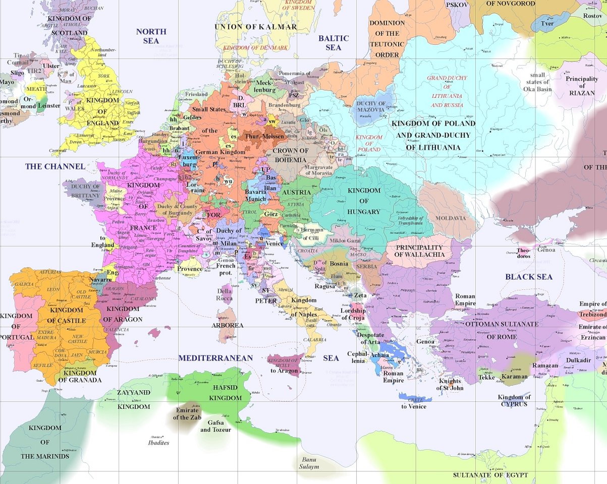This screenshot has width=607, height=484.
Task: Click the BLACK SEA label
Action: click(528, 277)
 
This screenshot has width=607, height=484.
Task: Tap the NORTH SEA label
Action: click(151, 36)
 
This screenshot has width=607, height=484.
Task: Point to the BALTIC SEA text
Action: click(333, 43)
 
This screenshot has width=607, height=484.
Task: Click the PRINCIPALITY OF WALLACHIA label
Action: click(419, 251)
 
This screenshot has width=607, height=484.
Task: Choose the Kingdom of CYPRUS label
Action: click(514, 401)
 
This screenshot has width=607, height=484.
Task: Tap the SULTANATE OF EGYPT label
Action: click(490, 475)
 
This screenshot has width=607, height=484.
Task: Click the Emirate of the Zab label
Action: click(187, 413)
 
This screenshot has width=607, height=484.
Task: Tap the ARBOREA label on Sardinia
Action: click(227, 325)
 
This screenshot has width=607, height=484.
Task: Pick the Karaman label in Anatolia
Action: click(514, 376)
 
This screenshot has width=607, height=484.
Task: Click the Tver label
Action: click(547, 23)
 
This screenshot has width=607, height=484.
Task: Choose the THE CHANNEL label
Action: click(55, 166)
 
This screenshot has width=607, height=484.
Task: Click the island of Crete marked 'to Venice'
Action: click(413, 399)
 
